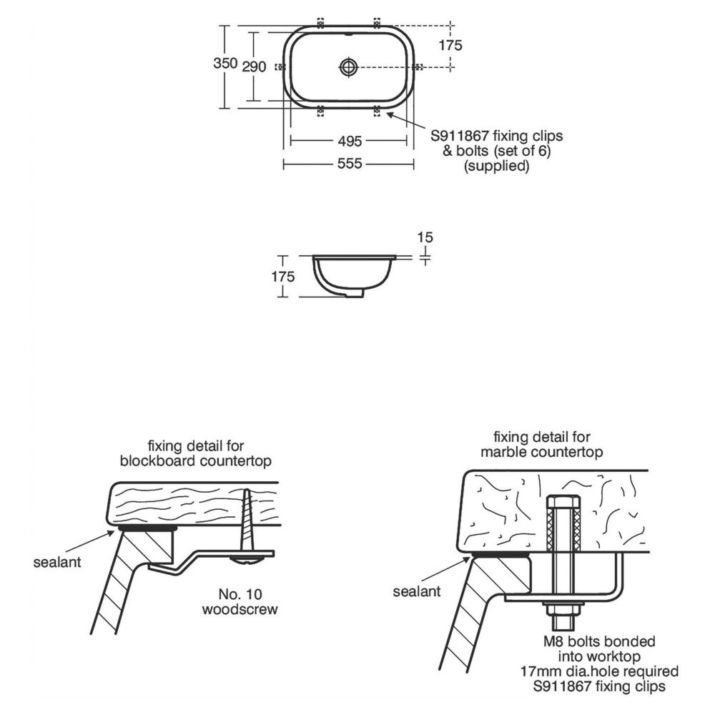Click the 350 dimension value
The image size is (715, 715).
click(225, 63)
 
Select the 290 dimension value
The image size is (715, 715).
click(254, 67)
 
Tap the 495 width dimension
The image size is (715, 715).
click(350, 142)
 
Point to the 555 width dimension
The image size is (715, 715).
click(350, 164)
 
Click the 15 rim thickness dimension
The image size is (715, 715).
click(425, 237)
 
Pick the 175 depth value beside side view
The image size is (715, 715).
click(282, 277)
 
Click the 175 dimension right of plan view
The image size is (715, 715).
click(450, 45)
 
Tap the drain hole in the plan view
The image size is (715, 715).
click(350, 67)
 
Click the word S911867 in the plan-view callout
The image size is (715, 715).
click(460, 136)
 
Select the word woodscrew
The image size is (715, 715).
click(240, 610)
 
